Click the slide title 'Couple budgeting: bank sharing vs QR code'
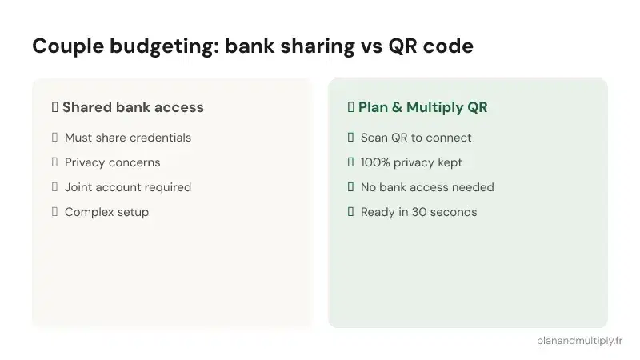252,46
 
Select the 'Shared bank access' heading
133,107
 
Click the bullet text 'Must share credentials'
128,138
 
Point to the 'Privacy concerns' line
112,162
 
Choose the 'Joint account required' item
128,187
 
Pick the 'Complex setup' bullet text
106,212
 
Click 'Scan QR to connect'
416,138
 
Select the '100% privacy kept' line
411,162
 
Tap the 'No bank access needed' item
427,187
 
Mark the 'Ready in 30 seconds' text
418,212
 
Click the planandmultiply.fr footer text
579,340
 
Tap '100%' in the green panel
376,162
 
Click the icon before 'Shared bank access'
54,107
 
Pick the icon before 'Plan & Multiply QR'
350,107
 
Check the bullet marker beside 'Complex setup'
54,212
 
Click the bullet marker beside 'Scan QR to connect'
350,138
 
